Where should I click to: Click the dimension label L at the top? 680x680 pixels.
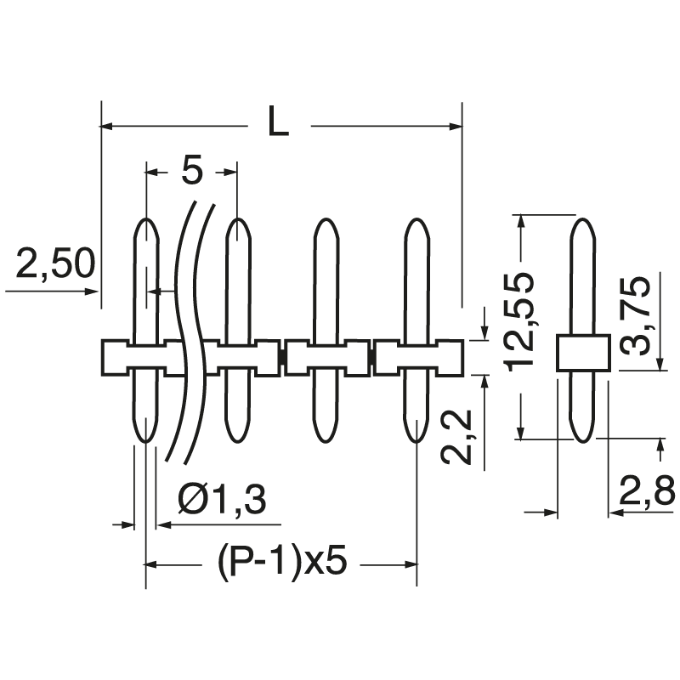click(x=278, y=124)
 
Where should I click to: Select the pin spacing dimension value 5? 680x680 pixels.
click(x=193, y=173)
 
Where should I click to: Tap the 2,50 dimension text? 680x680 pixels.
click(x=53, y=265)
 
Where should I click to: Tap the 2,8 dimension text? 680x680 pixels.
click(x=645, y=492)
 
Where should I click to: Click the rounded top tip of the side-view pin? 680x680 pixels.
click(x=582, y=224)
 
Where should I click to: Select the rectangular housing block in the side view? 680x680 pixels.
click(x=582, y=353)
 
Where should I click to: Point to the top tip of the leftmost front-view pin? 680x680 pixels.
click(x=146, y=224)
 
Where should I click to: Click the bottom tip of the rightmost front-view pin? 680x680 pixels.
click(x=416, y=438)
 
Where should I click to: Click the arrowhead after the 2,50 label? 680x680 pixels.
click(x=91, y=291)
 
